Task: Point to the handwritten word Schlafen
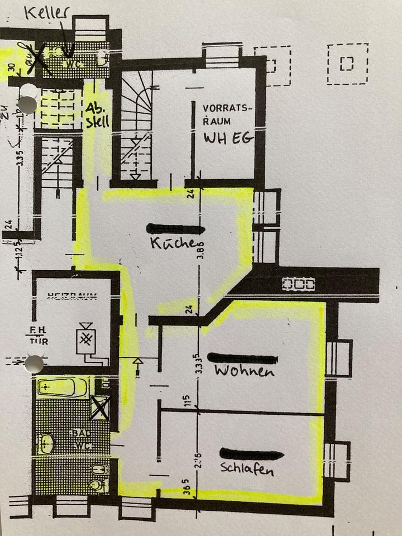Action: tap(247, 469)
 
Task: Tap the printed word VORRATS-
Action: tap(227, 107)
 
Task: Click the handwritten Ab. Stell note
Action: tap(97, 114)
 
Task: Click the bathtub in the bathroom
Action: tap(62, 386)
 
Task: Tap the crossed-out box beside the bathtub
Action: tap(100, 408)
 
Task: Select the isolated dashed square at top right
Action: tap(347, 64)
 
